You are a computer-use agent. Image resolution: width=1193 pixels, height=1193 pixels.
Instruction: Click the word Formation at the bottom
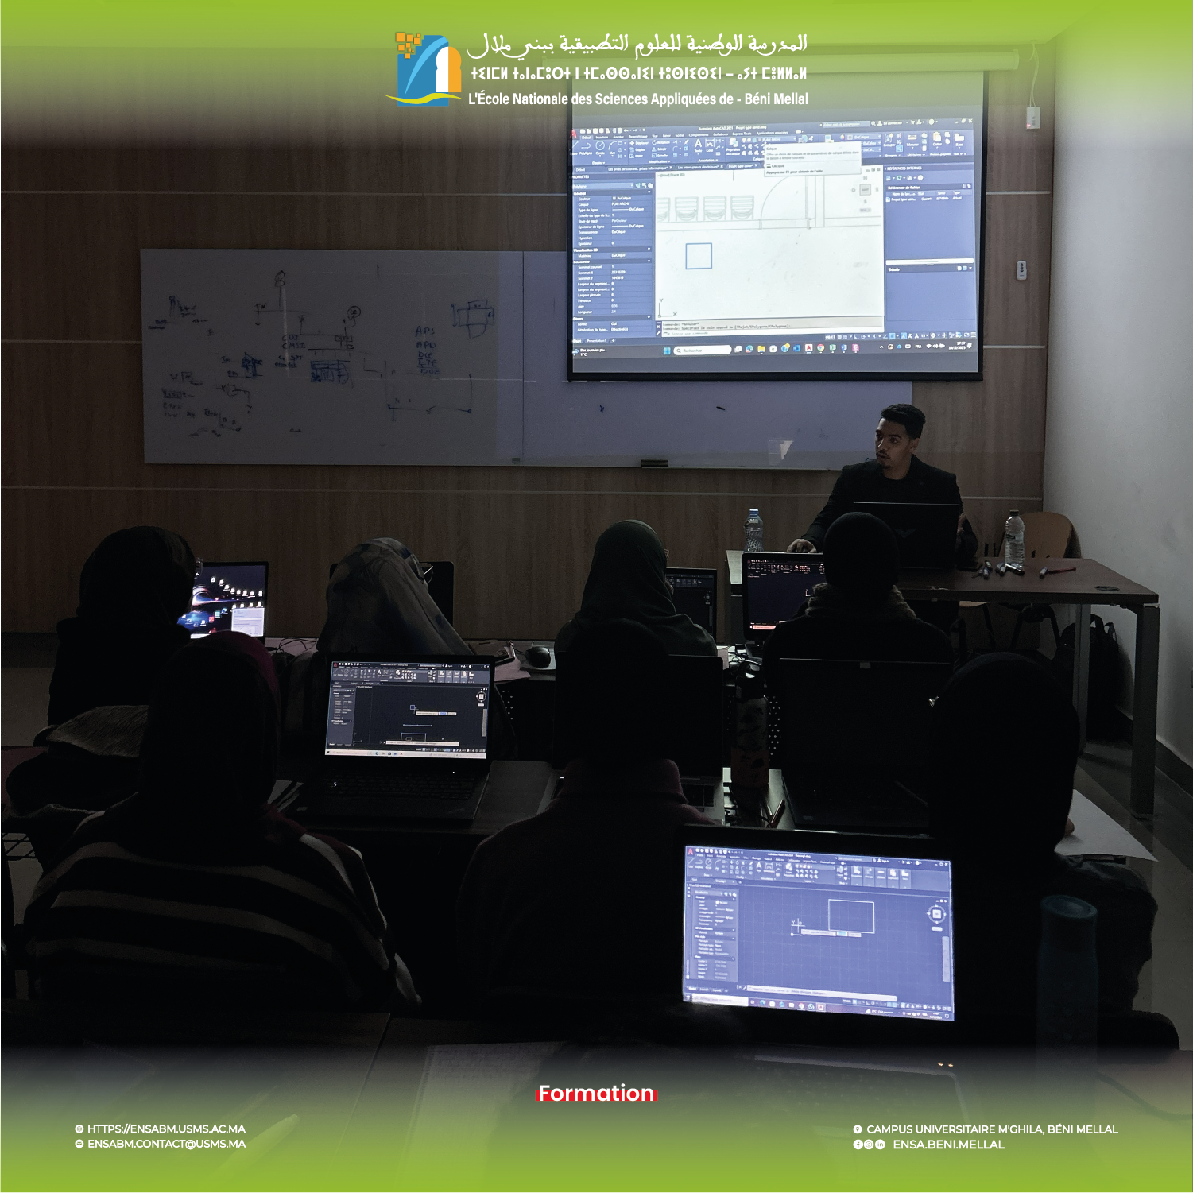596,1094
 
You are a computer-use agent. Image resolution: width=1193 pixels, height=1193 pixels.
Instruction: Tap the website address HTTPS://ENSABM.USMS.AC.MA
165,1129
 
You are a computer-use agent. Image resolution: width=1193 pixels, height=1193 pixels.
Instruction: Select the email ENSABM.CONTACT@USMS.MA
165,1144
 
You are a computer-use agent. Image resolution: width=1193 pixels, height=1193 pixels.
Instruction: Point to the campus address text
991,1129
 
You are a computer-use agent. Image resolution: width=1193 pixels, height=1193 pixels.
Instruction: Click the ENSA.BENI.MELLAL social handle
947,1145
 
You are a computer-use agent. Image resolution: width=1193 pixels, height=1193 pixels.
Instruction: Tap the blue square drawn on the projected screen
698,256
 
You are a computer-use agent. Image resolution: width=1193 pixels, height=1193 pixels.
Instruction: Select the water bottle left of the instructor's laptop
753,530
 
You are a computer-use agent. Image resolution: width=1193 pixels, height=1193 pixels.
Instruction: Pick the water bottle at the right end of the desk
1013,538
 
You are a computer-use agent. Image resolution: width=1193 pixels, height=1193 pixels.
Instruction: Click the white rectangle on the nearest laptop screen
851,915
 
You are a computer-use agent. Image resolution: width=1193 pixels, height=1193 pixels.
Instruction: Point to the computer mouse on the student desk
539,657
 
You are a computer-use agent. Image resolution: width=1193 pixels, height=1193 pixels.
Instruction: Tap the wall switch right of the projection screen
1021,270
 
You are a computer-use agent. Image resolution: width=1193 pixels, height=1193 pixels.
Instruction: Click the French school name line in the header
637,99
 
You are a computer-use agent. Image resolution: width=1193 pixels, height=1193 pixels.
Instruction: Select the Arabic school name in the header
637,45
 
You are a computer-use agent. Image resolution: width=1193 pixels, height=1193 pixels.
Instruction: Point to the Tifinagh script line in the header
637,74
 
